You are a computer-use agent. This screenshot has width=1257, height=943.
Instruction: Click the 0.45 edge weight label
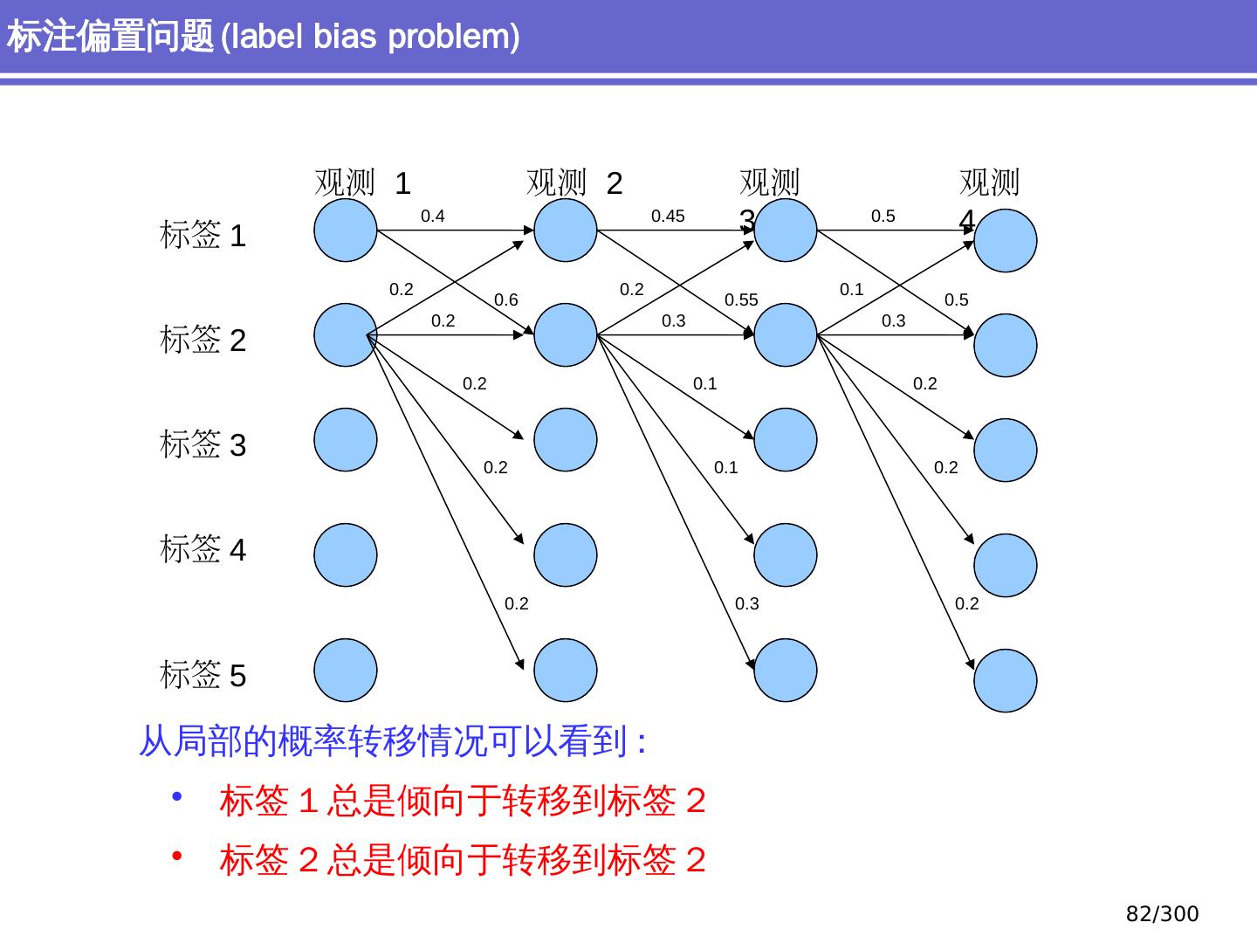pyautogui.click(x=668, y=216)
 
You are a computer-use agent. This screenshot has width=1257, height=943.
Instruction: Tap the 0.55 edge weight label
pyautogui.click(x=741, y=299)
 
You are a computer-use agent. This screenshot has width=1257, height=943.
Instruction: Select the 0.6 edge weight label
pyautogui.click(x=505, y=299)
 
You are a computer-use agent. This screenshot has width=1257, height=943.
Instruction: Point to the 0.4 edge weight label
pyautogui.click(x=432, y=216)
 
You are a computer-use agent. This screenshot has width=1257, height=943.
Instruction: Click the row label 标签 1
pyautogui.click(x=203, y=235)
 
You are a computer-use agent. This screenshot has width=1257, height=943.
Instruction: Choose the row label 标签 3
pyautogui.click(x=203, y=444)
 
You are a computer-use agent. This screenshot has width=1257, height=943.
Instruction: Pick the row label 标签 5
pyautogui.click(x=203, y=674)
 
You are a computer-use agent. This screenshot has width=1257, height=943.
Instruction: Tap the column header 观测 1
pyautogui.click(x=362, y=182)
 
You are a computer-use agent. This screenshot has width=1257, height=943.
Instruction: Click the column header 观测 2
pyautogui.click(x=574, y=182)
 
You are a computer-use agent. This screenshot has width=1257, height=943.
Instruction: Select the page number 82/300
pyautogui.click(x=1162, y=914)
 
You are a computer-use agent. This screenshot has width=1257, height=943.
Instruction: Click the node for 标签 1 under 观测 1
pyautogui.click(x=346, y=231)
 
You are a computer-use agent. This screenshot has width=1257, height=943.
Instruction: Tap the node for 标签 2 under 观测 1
pyautogui.click(x=346, y=335)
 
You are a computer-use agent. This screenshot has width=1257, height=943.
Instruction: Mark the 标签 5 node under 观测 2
pyautogui.click(x=566, y=671)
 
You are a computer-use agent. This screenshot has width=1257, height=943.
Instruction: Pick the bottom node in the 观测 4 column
pyautogui.click(x=1005, y=681)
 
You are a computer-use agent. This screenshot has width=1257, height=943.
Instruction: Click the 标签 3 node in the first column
pyautogui.click(x=346, y=440)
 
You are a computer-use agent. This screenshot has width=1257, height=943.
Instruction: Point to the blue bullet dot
pyautogui.click(x=177, y=795)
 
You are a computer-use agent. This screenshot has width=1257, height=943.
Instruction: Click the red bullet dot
pyautogui.click(x=177, y=856)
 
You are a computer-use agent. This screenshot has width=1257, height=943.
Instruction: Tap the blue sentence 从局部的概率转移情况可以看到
pyautogui.click(x=382, y=741)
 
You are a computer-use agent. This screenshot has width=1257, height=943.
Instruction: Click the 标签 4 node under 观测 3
pyautogui.click(x=785, y=554)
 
